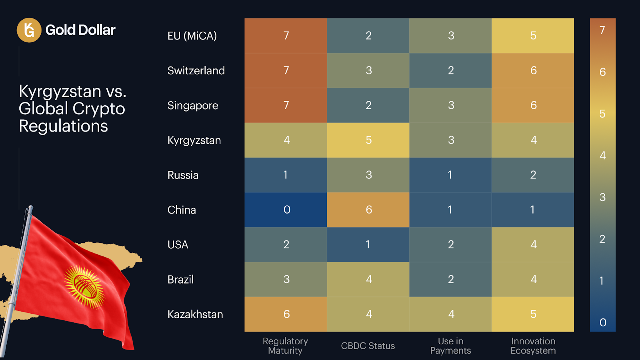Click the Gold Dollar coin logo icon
[29, 30]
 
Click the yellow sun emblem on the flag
[84, 287]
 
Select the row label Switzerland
[196, 71]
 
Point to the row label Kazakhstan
[195, 314]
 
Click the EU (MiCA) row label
[192, 36]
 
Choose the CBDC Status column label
[368, 346]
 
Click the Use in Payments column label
[450, 346]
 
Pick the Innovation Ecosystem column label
[533, 346]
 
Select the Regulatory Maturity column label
[285, 346]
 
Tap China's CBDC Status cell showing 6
[368, 210]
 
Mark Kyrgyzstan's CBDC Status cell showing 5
[368, 140]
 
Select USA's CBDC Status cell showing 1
[368, 245]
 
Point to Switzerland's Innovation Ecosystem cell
[533, 71]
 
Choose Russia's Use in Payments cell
[450, 175]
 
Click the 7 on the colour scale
[602, 30]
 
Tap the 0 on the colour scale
[603, 322]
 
